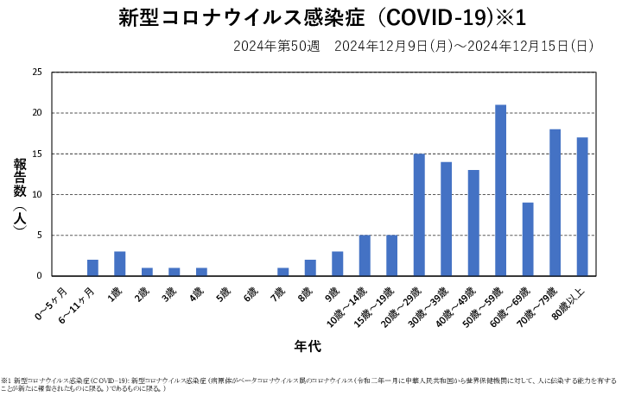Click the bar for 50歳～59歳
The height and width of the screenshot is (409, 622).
(x=500, y=191)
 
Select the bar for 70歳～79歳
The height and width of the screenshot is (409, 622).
(x=555, y=203)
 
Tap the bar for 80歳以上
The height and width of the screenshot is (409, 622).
(x=582, y=207)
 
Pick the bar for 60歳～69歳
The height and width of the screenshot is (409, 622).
(x=528, y=239)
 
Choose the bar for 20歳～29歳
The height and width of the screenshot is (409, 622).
(x=419, y=215)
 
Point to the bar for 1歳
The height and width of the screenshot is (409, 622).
(x=120, y=264)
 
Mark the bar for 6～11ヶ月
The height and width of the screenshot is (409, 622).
(x=92, y=268)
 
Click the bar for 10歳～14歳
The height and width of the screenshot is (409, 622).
(x=365, y=255)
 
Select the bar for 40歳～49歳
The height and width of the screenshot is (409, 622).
(x=473, y=223)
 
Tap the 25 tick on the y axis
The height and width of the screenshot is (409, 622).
(x=36, y=72)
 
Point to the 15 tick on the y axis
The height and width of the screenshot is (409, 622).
(x=36, y=154)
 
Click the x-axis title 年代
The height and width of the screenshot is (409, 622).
(x=308, y=346)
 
